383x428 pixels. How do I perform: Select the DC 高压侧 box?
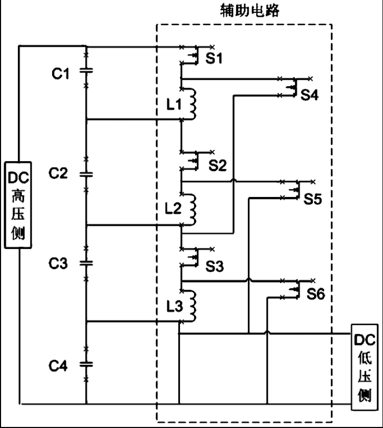(x=18, y=204)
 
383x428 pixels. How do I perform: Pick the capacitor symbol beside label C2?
(x=86, y=173)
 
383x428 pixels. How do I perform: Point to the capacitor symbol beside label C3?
(x=86, y=263)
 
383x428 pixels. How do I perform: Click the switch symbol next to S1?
(x=195, y=55)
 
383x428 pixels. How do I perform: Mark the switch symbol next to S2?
(x=195, y=160)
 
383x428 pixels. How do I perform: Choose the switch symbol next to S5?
(x=295, y=190)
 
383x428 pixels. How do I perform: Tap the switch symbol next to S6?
(x=295, y=288)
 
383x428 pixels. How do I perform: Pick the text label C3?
(x=60, y=264)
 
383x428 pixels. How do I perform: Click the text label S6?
(x=316, y=295)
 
